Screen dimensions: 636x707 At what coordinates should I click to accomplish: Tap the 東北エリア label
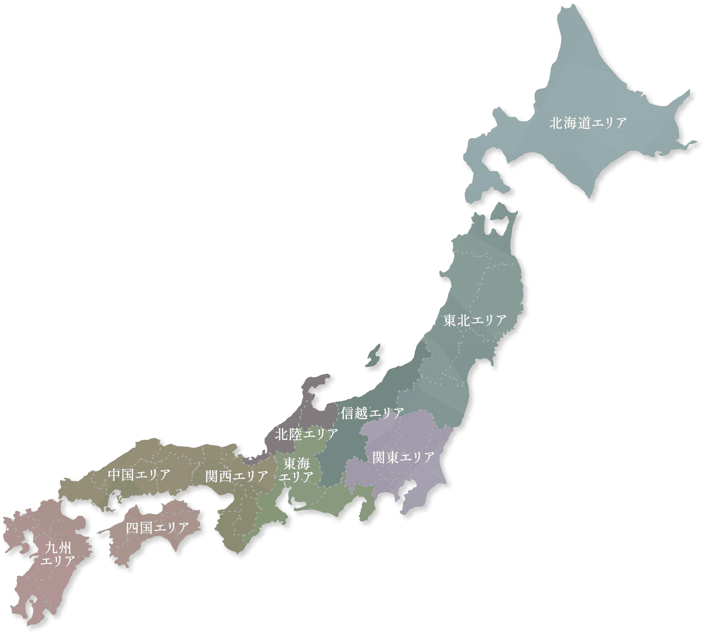(475, 321)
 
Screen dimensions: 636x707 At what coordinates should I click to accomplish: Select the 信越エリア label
(372, 413)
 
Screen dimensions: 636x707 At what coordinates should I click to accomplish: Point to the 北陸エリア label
(306, 434)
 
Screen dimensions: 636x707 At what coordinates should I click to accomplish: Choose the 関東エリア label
(403, 457)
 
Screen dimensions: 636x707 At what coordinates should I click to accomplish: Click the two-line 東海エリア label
(296, 470)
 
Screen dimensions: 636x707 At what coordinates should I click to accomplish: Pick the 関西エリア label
(237, 476)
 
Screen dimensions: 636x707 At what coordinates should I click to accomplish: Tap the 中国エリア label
(139, 475)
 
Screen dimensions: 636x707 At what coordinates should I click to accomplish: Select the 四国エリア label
(157, 528)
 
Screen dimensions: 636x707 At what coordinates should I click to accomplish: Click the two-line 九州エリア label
(58, 554)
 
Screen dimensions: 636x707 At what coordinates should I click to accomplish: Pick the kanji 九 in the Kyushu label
(51, 548)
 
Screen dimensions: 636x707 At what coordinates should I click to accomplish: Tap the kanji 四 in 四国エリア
(132, 528)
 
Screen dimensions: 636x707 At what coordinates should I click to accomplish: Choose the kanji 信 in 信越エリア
(347, 413)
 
